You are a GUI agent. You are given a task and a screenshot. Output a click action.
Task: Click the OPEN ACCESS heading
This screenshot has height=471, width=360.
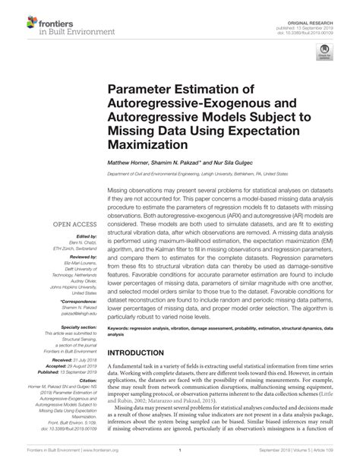(74, 225)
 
